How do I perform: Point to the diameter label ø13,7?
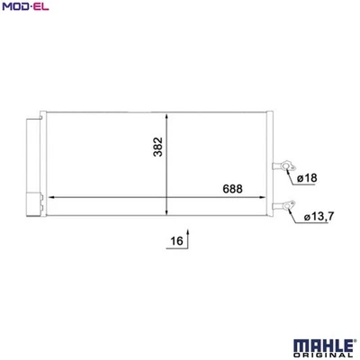pos(322,217)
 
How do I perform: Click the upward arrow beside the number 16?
pos(191,241)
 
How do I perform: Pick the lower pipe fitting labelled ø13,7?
pos(287,205)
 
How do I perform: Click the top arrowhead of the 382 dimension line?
pos(166,114)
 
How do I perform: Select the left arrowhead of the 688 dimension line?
pos(50,197)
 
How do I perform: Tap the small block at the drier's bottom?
pos(37,206)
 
